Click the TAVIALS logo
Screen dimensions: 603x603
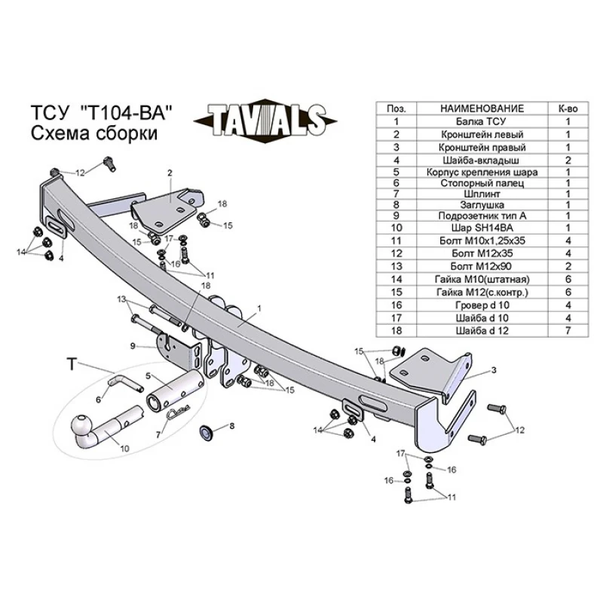click(265, 120)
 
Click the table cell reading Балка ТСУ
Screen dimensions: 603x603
click(482, 121)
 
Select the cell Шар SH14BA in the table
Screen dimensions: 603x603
click(482, 228)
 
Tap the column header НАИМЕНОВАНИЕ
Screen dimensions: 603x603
click(482, 109)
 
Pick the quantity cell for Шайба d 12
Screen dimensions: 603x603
click(568, 330)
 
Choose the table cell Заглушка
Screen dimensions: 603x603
click(482, 205)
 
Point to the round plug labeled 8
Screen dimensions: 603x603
click(207, 432)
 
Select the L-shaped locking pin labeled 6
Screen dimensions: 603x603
click(125, 384)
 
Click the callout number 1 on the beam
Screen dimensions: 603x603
click(259, 308)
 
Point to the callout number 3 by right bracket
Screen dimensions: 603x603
click(494, 370)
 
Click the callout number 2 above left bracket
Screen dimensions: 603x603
click(170, 173)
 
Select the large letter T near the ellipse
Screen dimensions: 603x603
click(72, 363)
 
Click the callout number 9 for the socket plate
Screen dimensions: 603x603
click(133, 346)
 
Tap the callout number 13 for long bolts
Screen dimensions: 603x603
click(122, 298)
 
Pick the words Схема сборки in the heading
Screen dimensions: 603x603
click(93, 134)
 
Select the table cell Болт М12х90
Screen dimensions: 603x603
click(482, 266)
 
